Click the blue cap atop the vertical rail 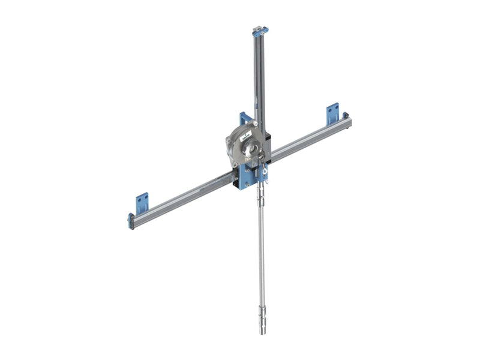(260, 30)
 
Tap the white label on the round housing (247, 137)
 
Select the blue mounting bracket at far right (332, 113)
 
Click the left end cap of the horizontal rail (131, 221)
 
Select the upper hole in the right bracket (333, 109)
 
